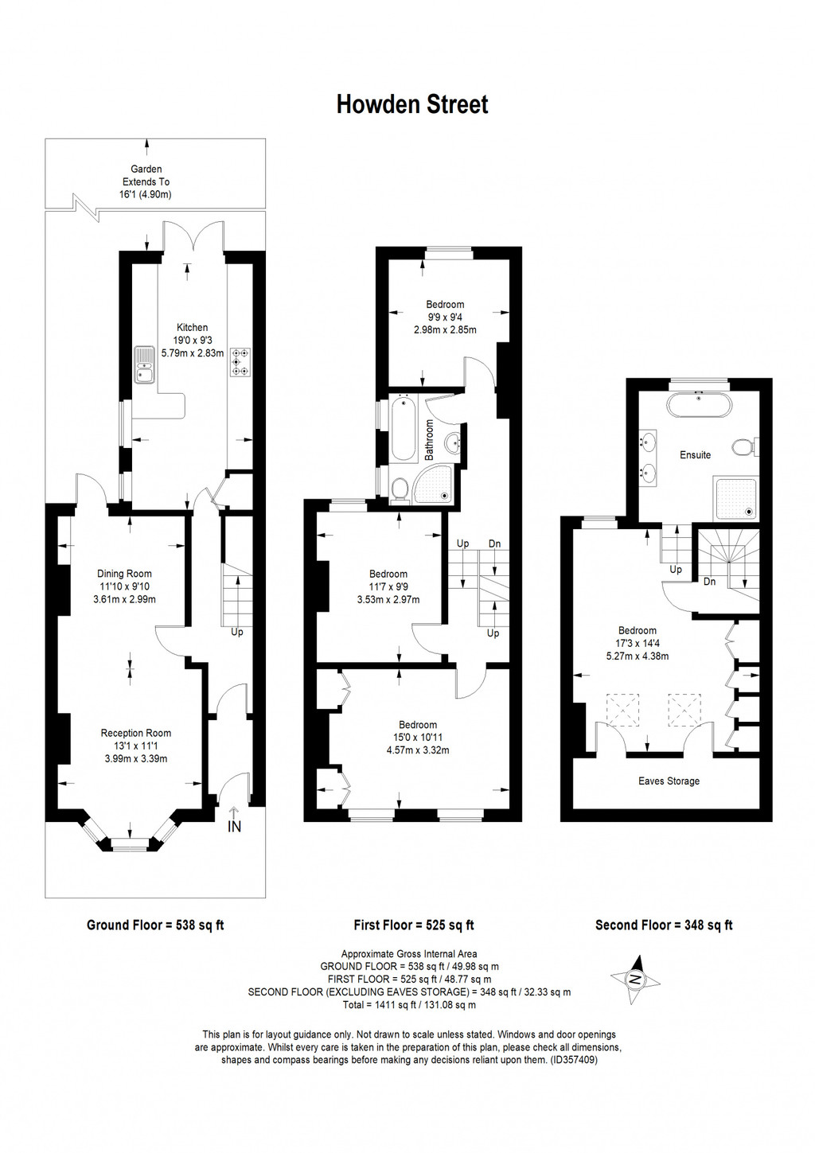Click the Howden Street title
click(x=411, y=104)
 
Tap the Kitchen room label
click(x=192, y=327)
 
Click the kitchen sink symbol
click(x=144, y=364)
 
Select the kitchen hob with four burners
click(x=239, y=362)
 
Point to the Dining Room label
click(x=124, y=574)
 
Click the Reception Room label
click(x=135, y=733)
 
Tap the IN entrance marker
click(x=234, y=826)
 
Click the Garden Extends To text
click(x=146, y=181)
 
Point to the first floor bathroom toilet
click(x=400, y=488)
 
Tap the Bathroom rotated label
click(x=429, y=440)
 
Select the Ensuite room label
click(x=695, y=455)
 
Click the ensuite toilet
click(x=746, y=447)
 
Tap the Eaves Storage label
click(x=669, y=781)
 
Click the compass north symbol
click(x=635, y=980)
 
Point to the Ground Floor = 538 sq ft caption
click(x=155, y=925)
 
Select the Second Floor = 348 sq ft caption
click(x=664, y=925)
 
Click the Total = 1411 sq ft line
click(x=409, y=1005)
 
